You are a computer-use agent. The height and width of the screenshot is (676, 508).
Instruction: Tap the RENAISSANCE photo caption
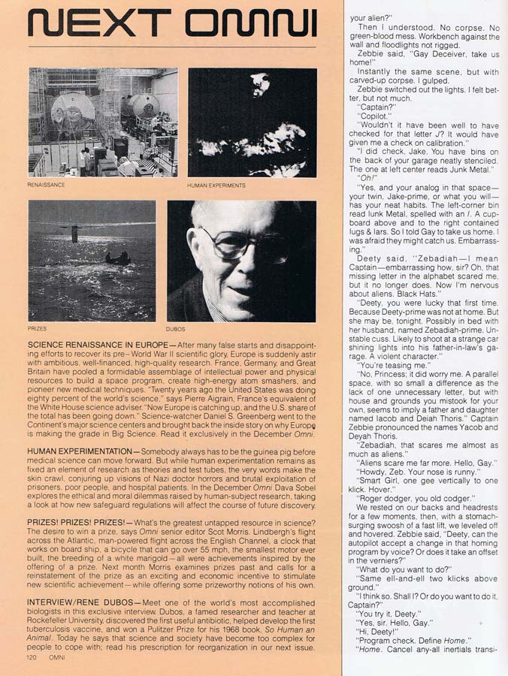(46, 184)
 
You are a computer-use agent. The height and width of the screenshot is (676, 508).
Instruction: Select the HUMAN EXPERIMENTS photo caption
(216, 185)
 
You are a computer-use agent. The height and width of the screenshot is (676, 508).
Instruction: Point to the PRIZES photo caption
(37, 328)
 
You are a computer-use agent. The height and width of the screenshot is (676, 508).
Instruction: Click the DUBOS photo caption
(174, 328)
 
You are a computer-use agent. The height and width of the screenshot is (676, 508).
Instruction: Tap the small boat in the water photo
(118, 259)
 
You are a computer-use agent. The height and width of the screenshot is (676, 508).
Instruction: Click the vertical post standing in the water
(74, 233)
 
